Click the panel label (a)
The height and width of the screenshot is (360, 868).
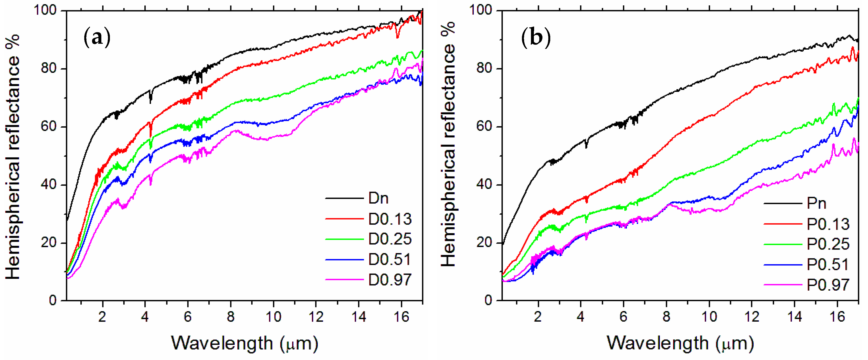click(x=97, y=37)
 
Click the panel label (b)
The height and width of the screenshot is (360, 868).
click(x=536, y=37)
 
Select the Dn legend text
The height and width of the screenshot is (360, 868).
click(x=378, y=198)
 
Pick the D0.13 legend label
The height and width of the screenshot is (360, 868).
click(x=390, y=219)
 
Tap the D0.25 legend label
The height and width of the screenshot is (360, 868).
click(x=390, y=239)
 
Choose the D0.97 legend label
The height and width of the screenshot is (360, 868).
click(x=390, y=280)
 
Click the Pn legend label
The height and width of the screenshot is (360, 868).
click(x=816, y=203)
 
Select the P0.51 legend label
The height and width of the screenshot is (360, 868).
click(x=828, y=265)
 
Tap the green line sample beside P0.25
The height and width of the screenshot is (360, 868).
click(x=783, y=244)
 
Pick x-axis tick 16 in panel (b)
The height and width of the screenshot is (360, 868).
click(x=837, y=317)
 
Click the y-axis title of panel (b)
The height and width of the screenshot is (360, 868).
click(x=448, y=145)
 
